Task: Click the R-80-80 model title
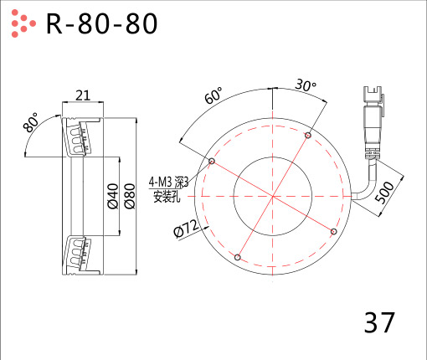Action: point(101,23)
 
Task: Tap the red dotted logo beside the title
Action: point(23,23)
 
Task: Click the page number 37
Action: point(379,322)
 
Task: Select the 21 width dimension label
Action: point(83,95)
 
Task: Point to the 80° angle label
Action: point(31,122)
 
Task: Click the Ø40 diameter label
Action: point(113,196)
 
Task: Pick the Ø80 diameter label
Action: point(130,196)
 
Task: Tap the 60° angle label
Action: point(213,95)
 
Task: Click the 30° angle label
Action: point(306,85)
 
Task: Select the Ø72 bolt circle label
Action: point(187,229)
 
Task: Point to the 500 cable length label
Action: point(384,192)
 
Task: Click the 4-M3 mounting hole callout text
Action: point(168,183)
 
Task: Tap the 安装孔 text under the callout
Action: point(167,197)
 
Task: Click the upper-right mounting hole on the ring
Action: point(308,136)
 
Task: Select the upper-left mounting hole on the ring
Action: point(212,161)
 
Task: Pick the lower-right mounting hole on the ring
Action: point(333,231)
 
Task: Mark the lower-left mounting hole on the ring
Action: point(237,257)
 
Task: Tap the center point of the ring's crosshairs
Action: point(272,197)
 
